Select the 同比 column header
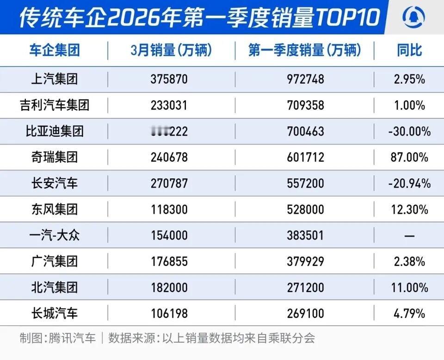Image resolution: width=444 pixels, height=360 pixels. (409, 50)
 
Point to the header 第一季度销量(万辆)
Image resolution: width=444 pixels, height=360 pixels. (304, 50)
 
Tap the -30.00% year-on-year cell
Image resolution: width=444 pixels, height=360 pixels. (409, 132)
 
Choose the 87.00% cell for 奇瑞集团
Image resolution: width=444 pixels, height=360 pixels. (409, 158)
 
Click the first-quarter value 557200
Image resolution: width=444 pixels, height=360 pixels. (305, 184)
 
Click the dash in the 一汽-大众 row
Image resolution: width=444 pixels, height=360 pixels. (409, 236)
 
